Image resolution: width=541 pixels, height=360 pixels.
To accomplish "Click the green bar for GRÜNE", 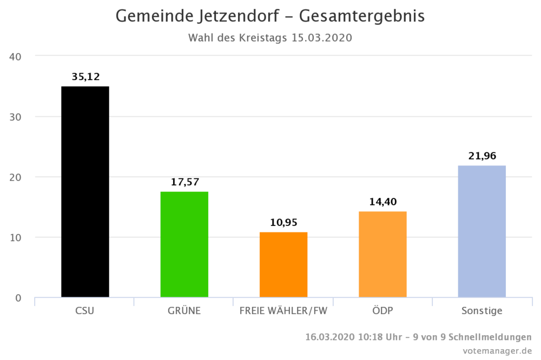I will [184, 244].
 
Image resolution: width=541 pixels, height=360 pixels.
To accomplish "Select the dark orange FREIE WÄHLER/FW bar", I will [283, 264].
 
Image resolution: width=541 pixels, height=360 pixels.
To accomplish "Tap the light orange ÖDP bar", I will [382, 254].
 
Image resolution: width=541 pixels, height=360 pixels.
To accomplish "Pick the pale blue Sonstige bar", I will [481, 231].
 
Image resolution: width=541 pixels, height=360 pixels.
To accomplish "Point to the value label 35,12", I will [85, 77].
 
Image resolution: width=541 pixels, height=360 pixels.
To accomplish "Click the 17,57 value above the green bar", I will [184, 183].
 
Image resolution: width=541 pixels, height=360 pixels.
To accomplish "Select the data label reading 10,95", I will [283, 223].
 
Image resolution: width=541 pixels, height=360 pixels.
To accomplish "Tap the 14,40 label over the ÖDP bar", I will [383, 202].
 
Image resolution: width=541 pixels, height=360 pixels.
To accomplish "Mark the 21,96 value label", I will [482, 156].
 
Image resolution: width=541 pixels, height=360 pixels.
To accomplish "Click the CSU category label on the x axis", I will [84, 311].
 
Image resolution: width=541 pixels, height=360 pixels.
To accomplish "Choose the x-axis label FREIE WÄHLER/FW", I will [283, 311].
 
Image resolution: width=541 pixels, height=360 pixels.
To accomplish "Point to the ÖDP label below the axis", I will [382, 311].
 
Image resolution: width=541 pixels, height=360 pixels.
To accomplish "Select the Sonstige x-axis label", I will [481, 311].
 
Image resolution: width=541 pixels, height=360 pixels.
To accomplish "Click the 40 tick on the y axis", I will [15, 56].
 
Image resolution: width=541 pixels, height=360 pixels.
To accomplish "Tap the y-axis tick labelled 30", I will [15, 117].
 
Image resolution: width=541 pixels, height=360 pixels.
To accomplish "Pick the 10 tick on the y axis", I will [15, 237].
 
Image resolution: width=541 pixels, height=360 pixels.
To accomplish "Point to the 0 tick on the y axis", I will [18, 298].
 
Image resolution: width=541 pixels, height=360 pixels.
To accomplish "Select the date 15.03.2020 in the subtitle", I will [321, 38].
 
